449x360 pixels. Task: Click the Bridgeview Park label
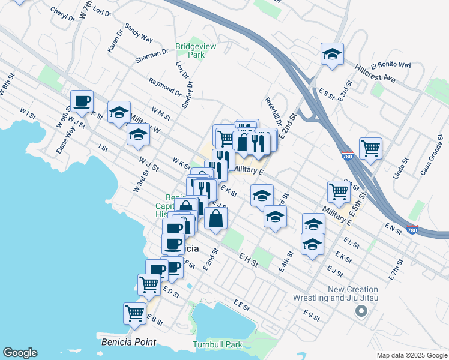(x=190, y=50)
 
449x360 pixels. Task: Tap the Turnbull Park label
(x=217, y=344)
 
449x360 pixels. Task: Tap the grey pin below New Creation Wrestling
(x=361, y=311)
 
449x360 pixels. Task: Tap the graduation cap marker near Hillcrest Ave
(x=332, y=54)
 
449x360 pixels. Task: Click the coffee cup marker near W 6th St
(x=82, y=101)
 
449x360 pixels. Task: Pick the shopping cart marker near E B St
(x=134, y=312)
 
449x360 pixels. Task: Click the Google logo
(x=20, y=353)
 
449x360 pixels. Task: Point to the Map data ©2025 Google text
(x=412, y=355)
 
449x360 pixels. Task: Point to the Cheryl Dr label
(x=63, y=14)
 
